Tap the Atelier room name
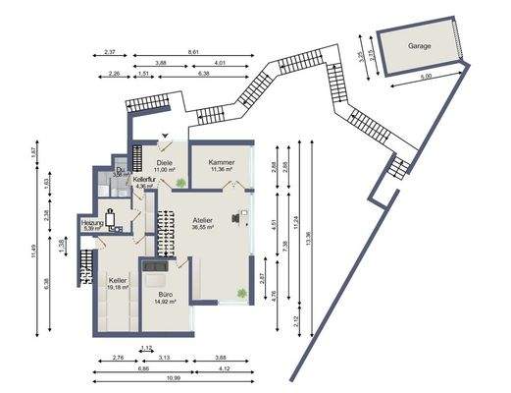203,219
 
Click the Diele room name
164,163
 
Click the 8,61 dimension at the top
193,50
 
